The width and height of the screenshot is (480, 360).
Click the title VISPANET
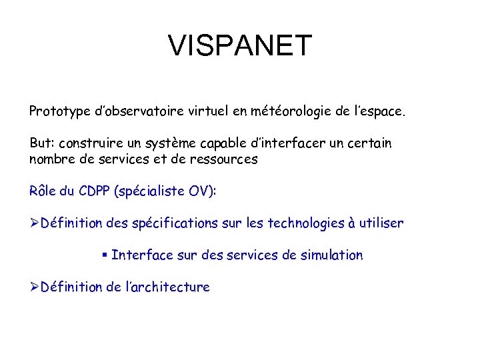[x=240, y=46]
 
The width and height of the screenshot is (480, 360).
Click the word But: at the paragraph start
[x=41, y=143]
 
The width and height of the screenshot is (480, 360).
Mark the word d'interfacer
[x=283, y=143]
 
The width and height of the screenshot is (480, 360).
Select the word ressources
[x=223, y=159]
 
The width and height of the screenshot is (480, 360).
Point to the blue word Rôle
[x=44, y=191]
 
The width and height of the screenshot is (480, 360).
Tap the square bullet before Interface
[x=105, y=255]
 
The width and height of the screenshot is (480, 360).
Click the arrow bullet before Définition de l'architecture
[x=35, y=287]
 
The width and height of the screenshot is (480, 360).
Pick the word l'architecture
[x=167, y=287]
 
